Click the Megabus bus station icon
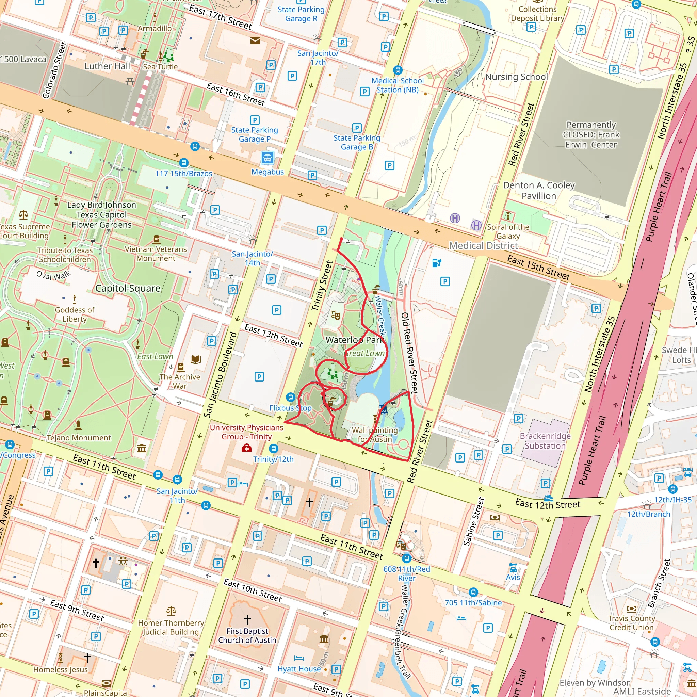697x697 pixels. (267, 158)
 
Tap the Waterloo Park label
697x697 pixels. (354, 340)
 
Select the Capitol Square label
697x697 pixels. (128, 288)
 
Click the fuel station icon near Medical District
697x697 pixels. (437, 263)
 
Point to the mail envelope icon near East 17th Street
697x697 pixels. (255, 40)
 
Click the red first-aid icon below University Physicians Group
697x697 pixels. (246, 448)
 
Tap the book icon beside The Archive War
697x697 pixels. (196, 359)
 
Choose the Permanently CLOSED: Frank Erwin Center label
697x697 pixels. (591, 134)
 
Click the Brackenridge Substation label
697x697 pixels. (545, 441)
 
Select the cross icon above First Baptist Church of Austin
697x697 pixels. (247, 619)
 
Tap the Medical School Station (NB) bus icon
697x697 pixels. (398, 70)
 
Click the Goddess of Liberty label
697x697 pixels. (75, 314)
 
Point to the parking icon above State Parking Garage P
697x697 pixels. (255, 120)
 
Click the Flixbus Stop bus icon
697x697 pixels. (290, 397)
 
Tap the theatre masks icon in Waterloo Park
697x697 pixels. (336, 315)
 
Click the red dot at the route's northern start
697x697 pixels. (341, 239)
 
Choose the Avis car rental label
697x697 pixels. (513, 577)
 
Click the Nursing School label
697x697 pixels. (516, 77)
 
